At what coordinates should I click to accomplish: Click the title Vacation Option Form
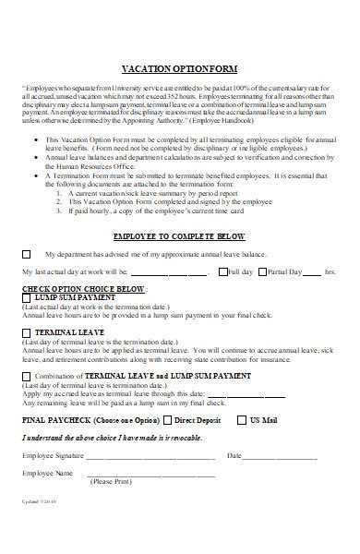click(x=180, y=68)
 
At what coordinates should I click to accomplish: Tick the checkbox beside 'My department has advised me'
click(x=26, y=252)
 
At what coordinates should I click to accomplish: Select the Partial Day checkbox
click(x=263, y=272)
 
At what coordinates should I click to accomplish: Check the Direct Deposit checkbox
click(x=168, y=420)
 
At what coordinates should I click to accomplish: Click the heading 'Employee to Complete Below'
click(x=180, y=235)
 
